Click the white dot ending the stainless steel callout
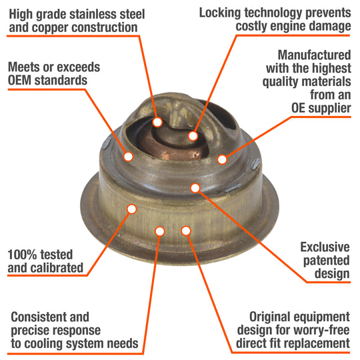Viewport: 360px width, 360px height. click(157, 122)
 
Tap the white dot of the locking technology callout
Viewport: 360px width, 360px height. click(193, 136)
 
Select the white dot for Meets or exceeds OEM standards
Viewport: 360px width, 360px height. click(129, 157)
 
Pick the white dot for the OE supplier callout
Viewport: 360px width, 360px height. click(222, 159)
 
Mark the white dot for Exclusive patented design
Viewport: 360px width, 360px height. click(195, 188)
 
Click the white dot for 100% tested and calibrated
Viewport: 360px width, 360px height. click(132, 209)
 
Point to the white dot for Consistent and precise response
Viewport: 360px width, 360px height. click(160, 231)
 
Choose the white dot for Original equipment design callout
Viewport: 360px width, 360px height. click(186, 231)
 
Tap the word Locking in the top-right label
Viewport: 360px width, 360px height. click(220, 13)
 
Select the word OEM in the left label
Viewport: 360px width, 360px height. click(19, 81)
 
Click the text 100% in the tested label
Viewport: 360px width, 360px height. click(22, 255)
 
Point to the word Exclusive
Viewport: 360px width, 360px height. click(325, 247)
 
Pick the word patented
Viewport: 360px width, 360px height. click(326, 261)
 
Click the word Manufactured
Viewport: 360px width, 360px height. click(314, 55)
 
